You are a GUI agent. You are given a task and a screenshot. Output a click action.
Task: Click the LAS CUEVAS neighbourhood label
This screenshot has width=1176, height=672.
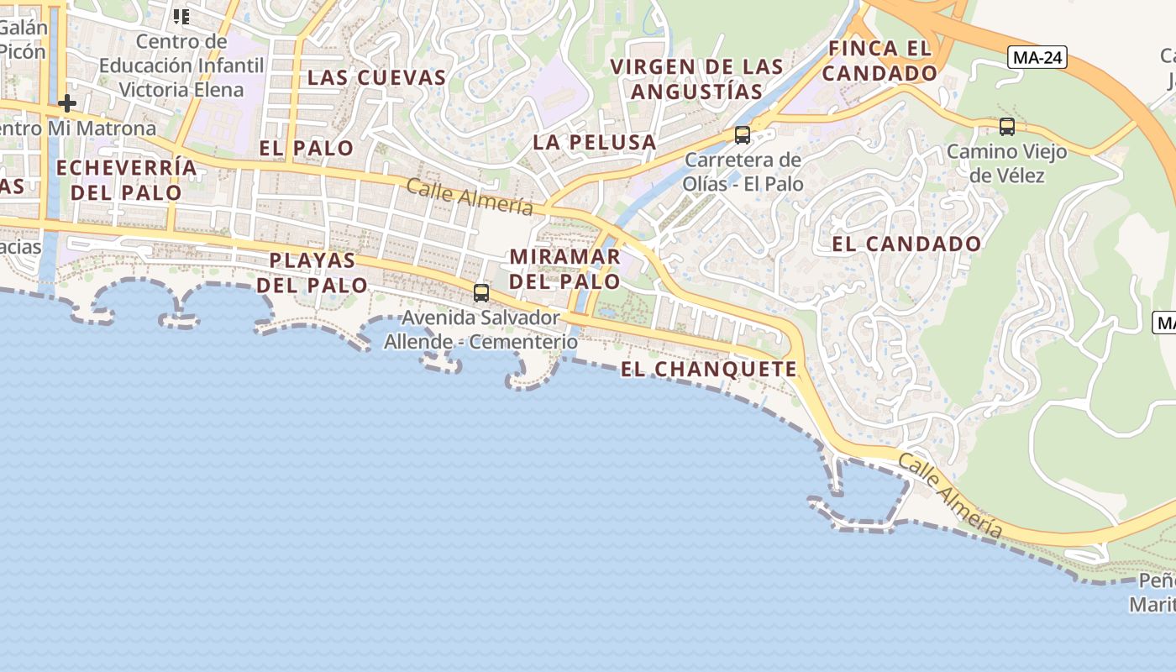[376, 77]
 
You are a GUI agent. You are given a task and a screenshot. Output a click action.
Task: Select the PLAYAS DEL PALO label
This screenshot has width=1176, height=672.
[312, 272]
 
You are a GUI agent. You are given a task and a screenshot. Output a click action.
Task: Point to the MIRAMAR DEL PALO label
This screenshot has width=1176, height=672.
[564, 269]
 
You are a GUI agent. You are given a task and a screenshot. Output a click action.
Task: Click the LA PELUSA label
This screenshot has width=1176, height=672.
[595, 142]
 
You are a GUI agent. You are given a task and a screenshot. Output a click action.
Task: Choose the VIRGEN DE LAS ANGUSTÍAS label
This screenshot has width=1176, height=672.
[696, 79]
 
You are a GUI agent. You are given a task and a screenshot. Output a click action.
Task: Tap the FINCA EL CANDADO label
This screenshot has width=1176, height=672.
[879, 60]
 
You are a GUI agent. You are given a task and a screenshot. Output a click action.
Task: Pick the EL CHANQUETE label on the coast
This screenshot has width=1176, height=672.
[708, 369]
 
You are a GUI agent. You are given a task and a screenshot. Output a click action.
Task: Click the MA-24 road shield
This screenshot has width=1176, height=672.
[1037, 57]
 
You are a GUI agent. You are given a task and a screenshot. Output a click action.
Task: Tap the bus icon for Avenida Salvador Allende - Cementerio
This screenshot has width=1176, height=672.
[481, 293]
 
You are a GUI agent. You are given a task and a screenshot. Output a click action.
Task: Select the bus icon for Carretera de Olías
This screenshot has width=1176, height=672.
[743, 134]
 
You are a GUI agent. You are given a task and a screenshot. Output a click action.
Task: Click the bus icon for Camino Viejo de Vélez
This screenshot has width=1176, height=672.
[1006, 127]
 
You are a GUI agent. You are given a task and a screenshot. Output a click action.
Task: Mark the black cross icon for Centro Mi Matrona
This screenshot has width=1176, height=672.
[67, 103]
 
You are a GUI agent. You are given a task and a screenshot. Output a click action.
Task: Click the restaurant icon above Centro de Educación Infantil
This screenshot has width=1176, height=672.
[181, 16]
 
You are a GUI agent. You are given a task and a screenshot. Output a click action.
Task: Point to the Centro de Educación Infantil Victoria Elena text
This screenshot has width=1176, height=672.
[181, 66]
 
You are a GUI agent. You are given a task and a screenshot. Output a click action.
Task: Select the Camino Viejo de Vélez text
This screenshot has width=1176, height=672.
[1006, 164]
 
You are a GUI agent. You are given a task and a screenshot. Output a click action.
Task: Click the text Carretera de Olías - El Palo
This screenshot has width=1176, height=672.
[743, 171]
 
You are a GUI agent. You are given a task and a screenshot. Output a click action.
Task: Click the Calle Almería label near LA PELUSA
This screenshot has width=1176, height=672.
[470, 197]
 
